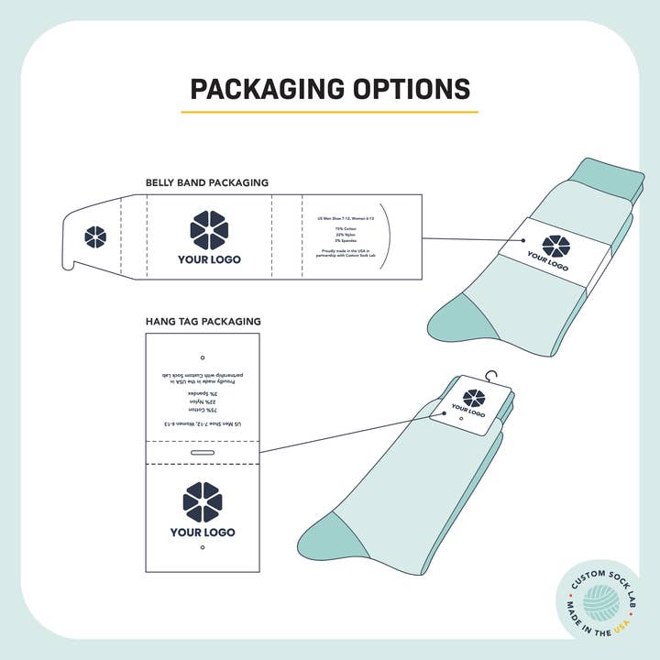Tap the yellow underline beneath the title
coord(329,112)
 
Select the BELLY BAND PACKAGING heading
coord(207,182)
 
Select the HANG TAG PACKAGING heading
coord(203,322)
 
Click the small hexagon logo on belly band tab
coord(95,236)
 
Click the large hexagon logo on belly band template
coord(209,230)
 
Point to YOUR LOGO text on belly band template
coord(209,259)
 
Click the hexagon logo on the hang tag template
coord(203,502)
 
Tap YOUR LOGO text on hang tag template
coord(203,533)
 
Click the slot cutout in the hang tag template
coord(203,453)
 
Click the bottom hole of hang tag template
coord(203,548)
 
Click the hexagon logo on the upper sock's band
coord(555,246)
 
